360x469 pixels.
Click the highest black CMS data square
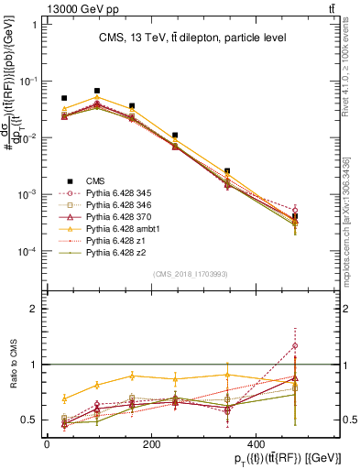click(97, 91)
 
